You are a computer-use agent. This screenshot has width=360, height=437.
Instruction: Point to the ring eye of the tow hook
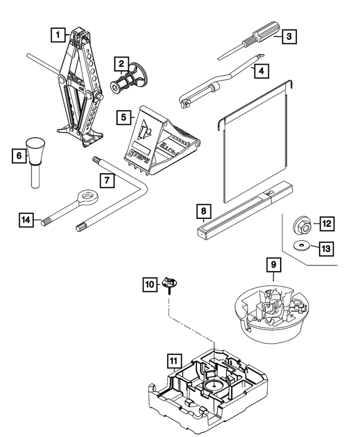[x=87, y=197]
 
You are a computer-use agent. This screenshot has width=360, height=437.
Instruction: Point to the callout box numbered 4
[x=260, y=71]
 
